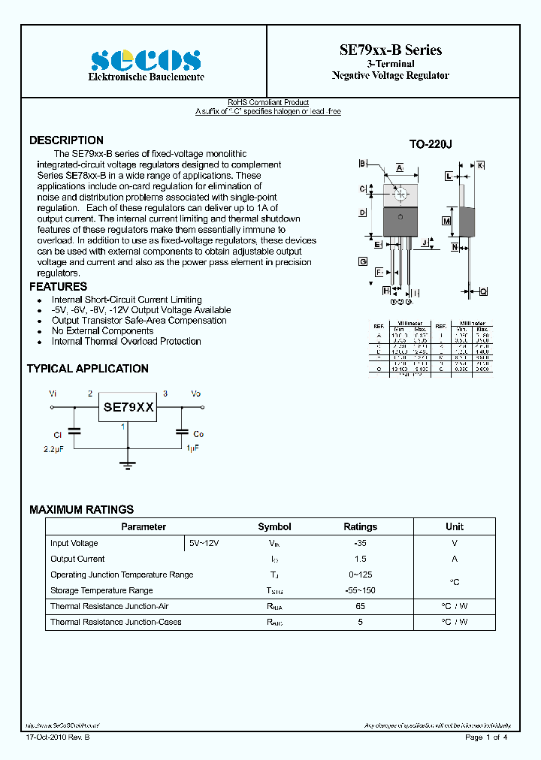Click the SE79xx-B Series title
click(390, 50)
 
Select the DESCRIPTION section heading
click(66, 140)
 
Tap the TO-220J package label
click(430, 144)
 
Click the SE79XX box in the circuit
click(128, 408)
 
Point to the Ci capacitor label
click(57, 435)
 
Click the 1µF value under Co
click(193, 448)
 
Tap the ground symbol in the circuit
click(128, 464)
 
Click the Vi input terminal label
click(53, 394)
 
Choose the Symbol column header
click(274, 527)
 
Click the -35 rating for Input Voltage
click(360, 543)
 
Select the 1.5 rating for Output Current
click(360, 559)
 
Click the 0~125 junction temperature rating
click(360, 575)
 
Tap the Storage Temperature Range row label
click(101, 590)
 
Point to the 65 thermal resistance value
click(360, 606)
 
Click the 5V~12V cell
click(204, 543)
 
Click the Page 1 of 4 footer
click(486, 737)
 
